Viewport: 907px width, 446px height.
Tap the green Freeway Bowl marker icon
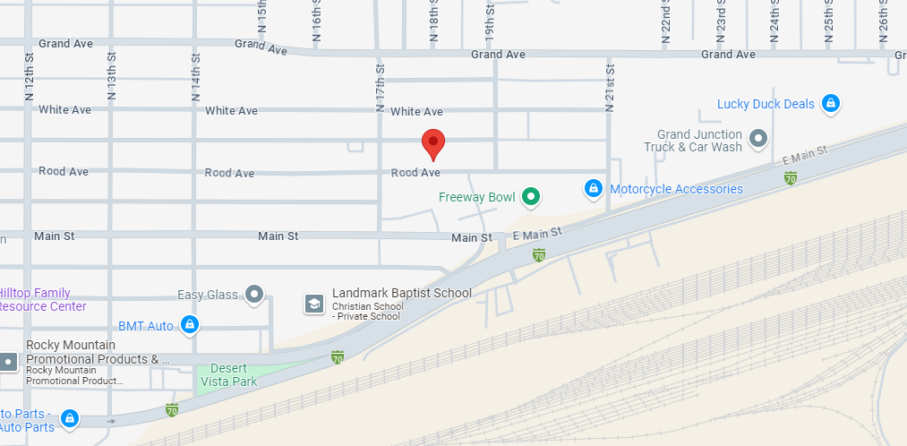531,196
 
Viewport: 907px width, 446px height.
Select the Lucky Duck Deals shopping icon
831,104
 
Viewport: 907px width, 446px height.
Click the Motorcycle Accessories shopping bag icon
593,189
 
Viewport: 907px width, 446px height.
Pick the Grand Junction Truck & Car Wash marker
758,139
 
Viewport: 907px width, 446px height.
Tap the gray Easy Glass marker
255,294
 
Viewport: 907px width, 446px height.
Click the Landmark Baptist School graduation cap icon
314,304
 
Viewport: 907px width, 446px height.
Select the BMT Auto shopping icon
189,324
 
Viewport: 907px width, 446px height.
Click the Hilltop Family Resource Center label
45,300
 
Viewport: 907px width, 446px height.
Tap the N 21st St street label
611,87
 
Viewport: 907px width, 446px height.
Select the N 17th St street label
381,87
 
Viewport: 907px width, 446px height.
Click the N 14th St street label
196,76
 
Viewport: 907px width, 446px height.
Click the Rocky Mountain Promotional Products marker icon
9,362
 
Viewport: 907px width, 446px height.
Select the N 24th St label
775,22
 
